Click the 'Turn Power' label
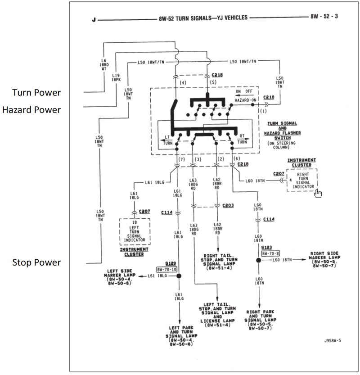click(x=37, y=93)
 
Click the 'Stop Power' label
click(x=36, y=262)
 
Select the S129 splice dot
click(x=179, y=276)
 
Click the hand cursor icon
click(x=319, y=193)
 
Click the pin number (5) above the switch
click(x=213, y=82)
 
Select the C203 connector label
click(x=229, y=205)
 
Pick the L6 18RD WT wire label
click(x=103, y=63)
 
